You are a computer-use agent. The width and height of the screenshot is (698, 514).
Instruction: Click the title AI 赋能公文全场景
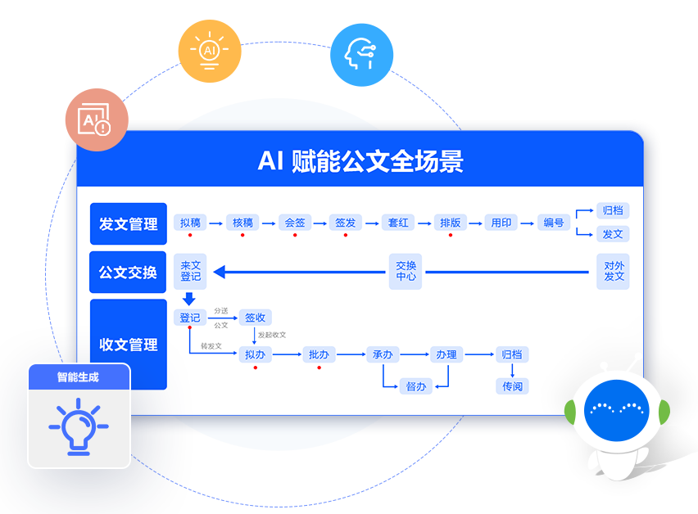360,161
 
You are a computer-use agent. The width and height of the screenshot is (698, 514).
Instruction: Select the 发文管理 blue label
129,223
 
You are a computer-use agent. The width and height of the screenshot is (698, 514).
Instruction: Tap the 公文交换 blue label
129,272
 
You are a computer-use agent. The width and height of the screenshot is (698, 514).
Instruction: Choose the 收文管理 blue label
129,345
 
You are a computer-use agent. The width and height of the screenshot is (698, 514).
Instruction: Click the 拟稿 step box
190,222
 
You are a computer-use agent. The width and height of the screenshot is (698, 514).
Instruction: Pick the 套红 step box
398,222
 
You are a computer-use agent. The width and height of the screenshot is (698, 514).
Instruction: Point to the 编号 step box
554,222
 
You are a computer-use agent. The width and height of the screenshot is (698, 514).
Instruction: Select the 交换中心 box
406,271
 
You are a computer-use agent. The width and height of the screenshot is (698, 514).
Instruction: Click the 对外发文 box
614,271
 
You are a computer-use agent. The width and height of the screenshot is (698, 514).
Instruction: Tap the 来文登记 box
190,271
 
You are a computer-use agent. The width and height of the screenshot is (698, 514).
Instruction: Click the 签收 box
255,318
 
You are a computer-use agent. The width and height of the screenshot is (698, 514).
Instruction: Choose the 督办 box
416,385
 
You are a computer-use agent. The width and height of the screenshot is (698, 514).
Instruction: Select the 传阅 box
512,385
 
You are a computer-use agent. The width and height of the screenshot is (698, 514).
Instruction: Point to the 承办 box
383,354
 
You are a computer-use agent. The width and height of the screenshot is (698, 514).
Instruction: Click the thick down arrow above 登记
190,299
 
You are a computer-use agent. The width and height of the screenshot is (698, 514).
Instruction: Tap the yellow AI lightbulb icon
210,50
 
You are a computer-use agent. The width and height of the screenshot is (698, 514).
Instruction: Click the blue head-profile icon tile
361,54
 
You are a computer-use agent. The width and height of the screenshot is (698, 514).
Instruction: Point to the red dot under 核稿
242,236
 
